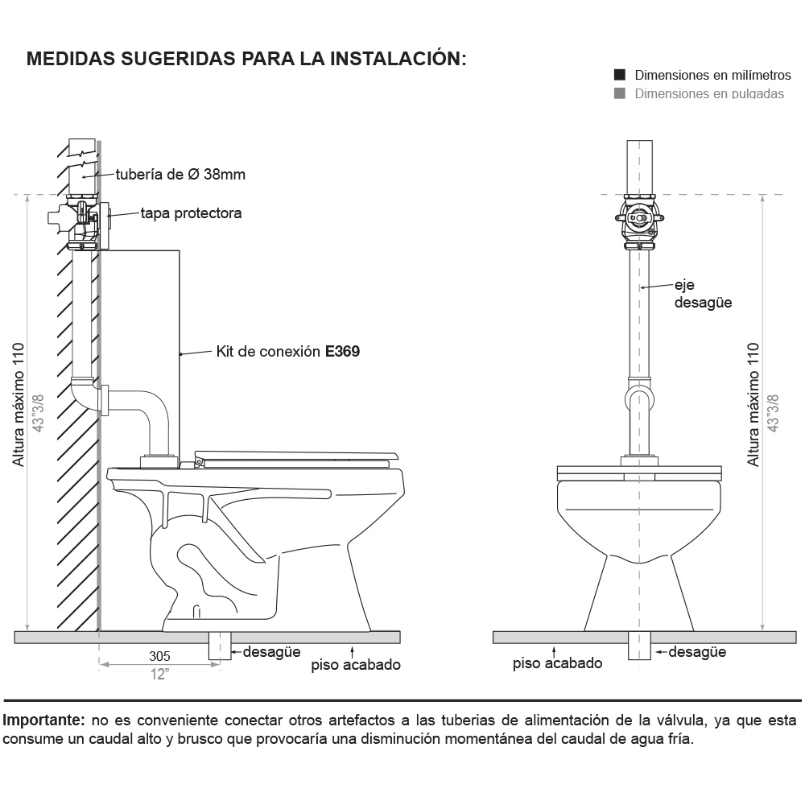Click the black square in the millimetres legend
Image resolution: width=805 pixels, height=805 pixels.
click(x=620, y=75)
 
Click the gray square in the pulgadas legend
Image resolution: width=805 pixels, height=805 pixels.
click(x=620, y=93)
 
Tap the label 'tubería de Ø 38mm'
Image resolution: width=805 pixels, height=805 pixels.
click(x=180, y=174)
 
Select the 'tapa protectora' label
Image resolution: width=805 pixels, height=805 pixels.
click(x=191, y=213)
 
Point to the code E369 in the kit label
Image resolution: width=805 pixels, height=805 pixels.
click(x=342, y=352)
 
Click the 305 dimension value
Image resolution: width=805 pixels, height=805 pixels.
click(x=159, y=655)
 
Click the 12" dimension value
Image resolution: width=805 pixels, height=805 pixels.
click(x=159, y=674)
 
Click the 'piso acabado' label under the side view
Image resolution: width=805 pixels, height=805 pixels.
click(x=356, y=665)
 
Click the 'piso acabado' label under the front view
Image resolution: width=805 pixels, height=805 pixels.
click(x=558, y=663)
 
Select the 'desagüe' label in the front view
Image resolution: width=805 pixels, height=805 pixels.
click(x=697, y=652)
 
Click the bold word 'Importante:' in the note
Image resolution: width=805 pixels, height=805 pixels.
click(x=44, y=719)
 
